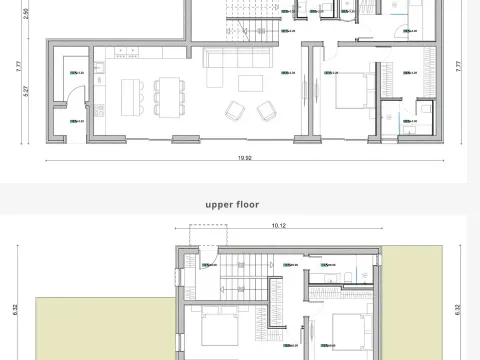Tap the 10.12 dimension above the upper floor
pos(279,227)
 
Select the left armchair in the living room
pos(235,109)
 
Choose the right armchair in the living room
pos(267,109)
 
